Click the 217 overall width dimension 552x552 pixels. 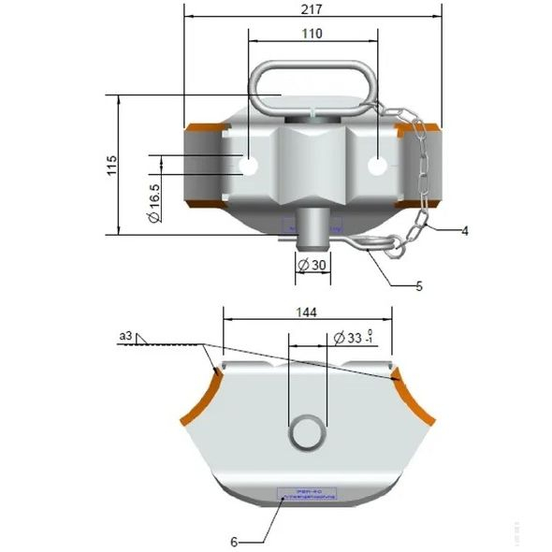point(312,10)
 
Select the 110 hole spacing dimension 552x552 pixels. point(312,35)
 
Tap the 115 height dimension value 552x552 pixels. point(111,166)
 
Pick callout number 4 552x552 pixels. point(464,229)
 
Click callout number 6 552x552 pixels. point(234,540)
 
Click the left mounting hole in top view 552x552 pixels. point(250,166)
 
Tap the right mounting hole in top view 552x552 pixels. point(376,166)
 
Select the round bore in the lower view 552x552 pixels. point(307,432)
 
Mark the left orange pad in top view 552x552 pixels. point(199,164)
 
